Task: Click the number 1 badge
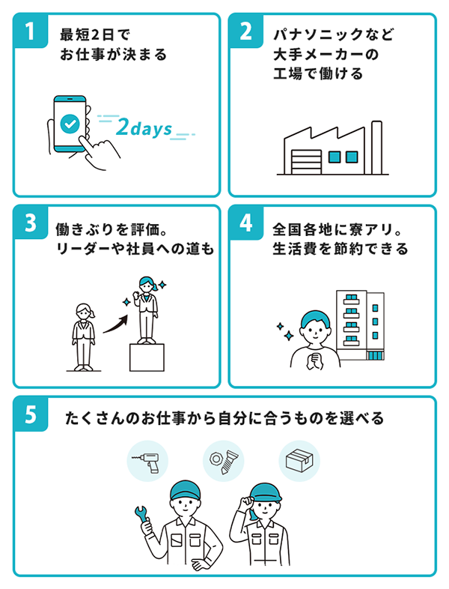point(29,31)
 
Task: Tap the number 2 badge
point(245,31)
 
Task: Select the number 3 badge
point(29,223)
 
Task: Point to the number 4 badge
point(245,223)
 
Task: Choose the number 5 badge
point(29,414)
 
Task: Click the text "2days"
point(144,129)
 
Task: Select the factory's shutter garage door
point(306,161)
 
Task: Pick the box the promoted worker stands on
point(146,357)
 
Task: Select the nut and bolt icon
point(223,460)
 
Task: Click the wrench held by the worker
point(141,516)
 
